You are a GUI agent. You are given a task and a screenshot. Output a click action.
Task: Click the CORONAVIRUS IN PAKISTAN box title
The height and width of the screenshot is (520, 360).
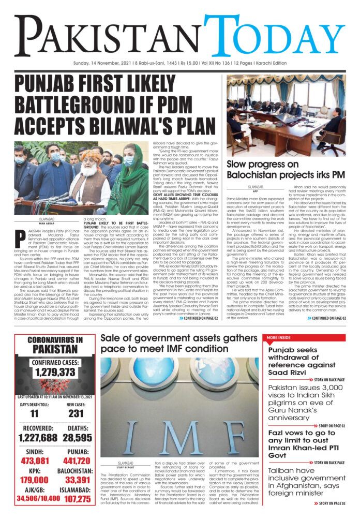pyautogui.click(x=50, y=345)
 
